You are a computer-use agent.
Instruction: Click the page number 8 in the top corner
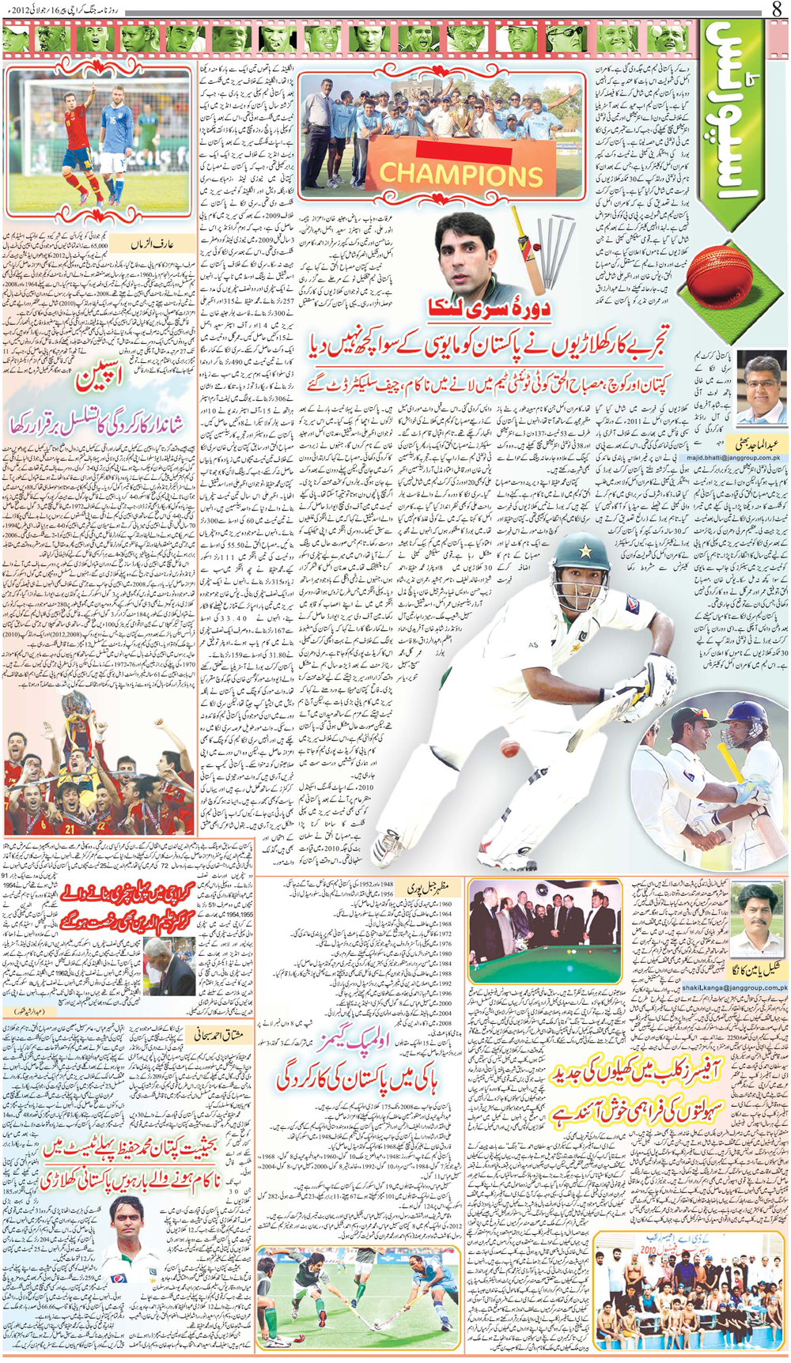[x=776, y=9]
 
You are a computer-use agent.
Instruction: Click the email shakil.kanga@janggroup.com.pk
[x=735, y=987]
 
